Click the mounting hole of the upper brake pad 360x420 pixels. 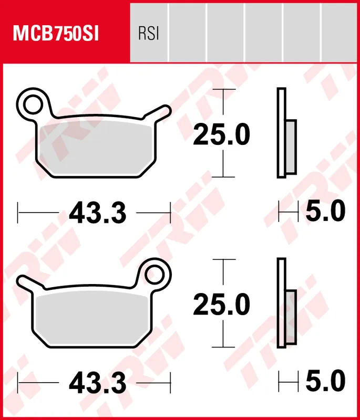click(32, 103)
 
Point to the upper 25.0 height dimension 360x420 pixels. click(221, 135)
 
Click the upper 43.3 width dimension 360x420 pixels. click(97, 213)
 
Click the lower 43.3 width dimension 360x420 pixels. click(97, 384)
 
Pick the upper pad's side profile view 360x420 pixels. click(282, 133)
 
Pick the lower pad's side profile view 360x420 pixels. click(282, 303)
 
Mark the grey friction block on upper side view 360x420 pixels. click(291, 147)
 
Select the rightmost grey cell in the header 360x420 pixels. click(341, 31)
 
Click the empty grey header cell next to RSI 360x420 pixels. click(188, 31)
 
